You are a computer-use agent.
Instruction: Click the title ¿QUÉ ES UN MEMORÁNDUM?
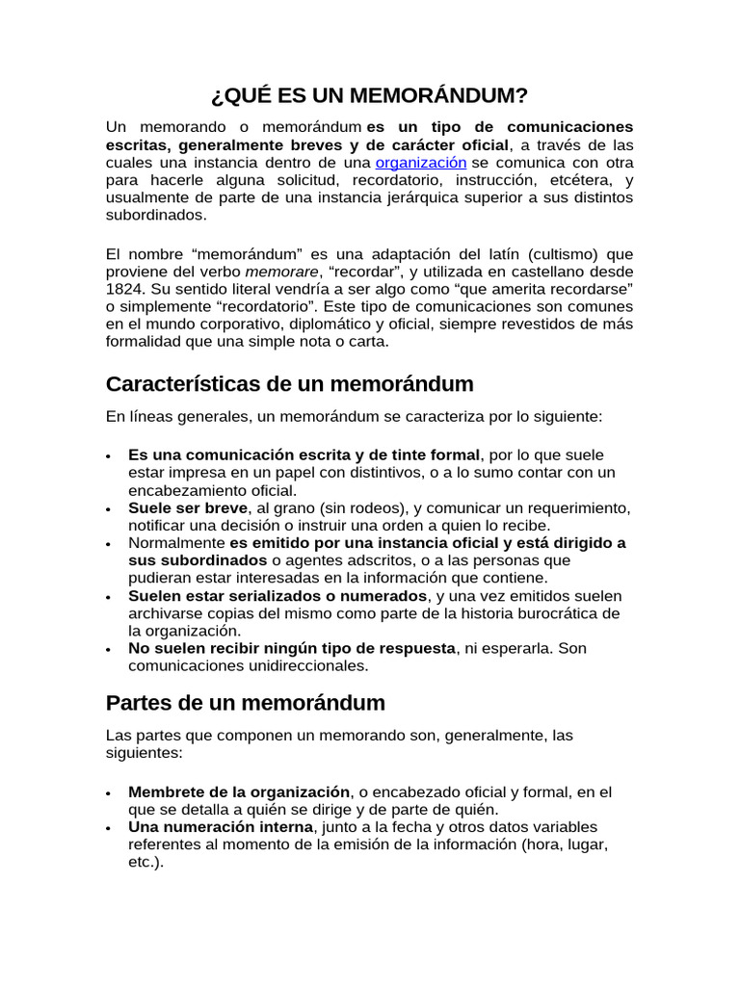[369, 95]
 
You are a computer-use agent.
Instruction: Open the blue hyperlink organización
[420, 163]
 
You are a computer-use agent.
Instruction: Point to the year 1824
[125, 289]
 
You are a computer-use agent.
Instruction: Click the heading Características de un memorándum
[289, 383]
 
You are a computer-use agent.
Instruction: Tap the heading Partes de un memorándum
[245, 702]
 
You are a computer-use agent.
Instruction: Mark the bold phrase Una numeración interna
[221, 827]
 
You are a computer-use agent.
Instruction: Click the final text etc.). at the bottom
[146, 863]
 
